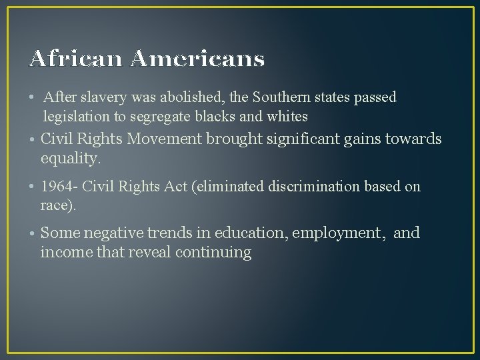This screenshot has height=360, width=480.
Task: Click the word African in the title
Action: click(76, 59)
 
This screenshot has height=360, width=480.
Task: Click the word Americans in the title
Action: click(198, 59)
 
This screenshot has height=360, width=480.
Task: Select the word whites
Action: click(287, 117)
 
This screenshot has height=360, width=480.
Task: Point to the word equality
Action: click(70, 159)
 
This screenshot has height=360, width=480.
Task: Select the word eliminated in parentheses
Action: click(229, 187)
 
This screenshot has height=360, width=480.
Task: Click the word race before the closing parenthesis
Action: click(56, 206)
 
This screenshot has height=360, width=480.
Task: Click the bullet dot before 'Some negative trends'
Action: click(32, 234)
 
